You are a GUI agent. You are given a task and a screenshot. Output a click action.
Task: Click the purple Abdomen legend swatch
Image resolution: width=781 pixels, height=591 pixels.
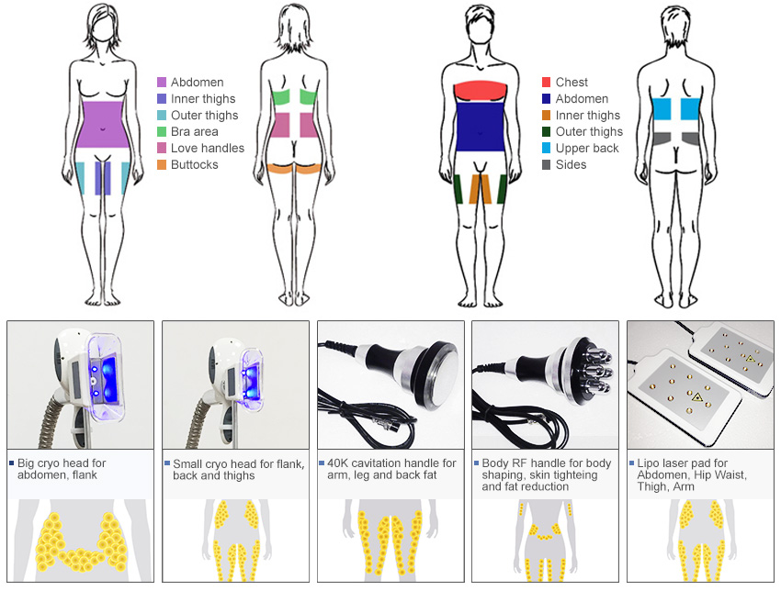pyautogui.click(x=162, y=83)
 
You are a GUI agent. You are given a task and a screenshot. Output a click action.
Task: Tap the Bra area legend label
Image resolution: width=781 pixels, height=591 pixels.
pyautogui.click(x=194, y=132)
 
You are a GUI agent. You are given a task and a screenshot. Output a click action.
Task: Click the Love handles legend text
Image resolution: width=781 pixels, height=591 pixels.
pyautogui.click(x=208, y=149)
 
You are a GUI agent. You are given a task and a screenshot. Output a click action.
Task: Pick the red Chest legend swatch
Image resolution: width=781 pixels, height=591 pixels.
pyautogui.click(x=546, y=83)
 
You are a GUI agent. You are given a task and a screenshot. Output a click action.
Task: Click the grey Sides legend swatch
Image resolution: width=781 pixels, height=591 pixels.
pyautogui.click(x=546, y=165)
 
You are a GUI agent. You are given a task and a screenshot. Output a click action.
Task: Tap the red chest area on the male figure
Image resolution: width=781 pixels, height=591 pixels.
pyautogui.click(x=481, y=90)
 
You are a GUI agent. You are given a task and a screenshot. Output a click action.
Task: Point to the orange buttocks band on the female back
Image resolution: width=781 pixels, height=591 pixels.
pyautogui.click(x=293, y=168)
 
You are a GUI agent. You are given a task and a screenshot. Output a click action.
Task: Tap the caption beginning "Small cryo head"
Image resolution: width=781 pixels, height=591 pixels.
pyautogui.click(x=236, y=470)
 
